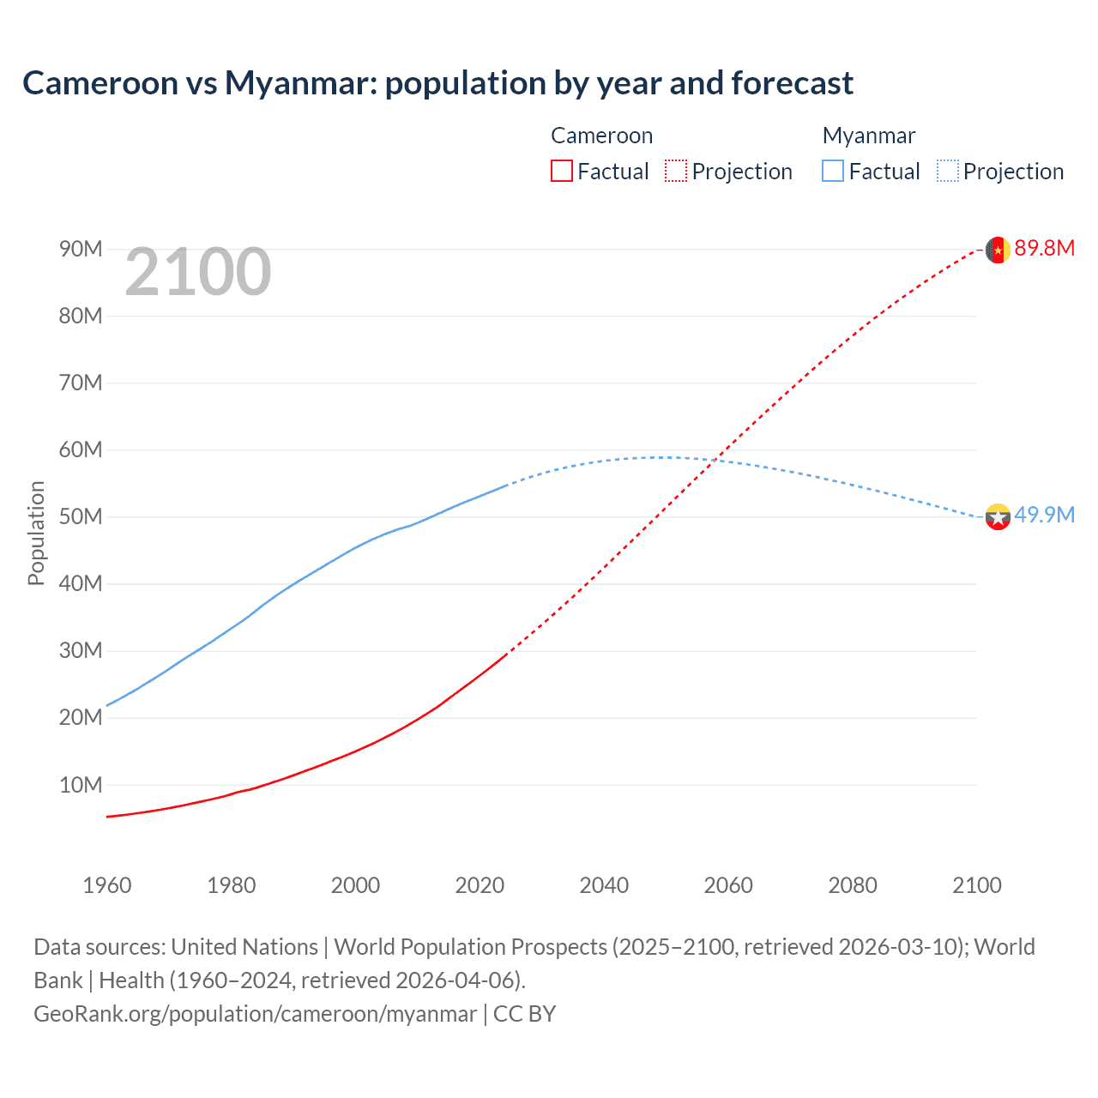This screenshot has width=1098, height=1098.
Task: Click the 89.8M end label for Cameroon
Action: coord(1044,249)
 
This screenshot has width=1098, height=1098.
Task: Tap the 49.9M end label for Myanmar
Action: coord(1044,516)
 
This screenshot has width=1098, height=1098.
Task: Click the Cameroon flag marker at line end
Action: coord(998,250)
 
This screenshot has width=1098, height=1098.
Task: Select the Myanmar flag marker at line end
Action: coord(998,516)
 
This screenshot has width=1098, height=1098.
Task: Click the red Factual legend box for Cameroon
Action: coord(562,171)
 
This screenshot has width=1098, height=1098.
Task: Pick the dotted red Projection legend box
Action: coord(676,171)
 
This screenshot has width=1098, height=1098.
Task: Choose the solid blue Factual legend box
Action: coord(833,171)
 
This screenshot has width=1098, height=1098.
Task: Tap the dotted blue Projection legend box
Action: coord(948,171)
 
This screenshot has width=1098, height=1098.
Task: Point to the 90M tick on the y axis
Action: coord(81,250)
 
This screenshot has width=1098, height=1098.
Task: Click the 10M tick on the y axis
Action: coord(81,785)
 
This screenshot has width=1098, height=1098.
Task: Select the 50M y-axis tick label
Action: coord(81,517)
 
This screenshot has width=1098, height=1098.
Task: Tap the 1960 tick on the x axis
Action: coord(107,885)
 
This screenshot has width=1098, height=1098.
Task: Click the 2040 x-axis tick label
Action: coord(604,885)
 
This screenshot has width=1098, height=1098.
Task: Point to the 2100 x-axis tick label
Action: coord(976,885)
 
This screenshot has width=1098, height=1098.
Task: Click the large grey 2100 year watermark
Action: coord(198,273)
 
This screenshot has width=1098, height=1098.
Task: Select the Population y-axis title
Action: coord(36,533)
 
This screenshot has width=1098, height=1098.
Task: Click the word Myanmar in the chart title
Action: coord(299,83)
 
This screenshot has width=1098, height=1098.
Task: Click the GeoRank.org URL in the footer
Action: coord(255,1014)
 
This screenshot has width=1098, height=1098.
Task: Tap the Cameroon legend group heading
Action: coord(601,136)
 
